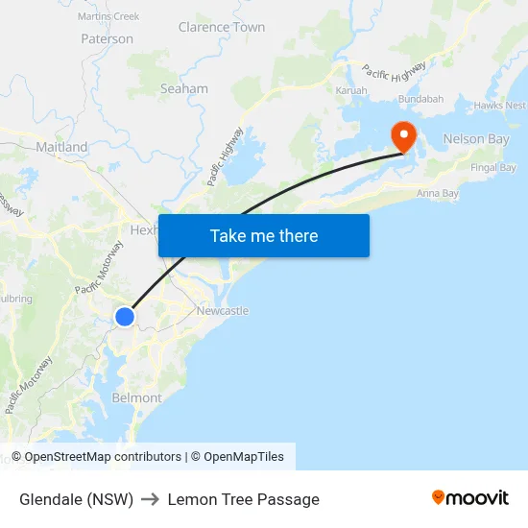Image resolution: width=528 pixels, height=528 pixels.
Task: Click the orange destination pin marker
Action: tap(400, 136)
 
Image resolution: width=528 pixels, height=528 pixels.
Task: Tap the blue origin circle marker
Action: tap(125, 316)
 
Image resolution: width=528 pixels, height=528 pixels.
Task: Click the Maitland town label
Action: tap(61, 147)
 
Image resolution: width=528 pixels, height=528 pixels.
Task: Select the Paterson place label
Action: tap(108, 39)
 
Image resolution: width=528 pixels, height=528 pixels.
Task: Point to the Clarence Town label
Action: tap(222, 27)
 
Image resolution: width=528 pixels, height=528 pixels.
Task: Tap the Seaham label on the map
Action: tap(183, 88)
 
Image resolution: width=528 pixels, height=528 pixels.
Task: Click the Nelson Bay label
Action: tap(476, 139)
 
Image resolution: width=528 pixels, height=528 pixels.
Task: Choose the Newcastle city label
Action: tap(222, 310)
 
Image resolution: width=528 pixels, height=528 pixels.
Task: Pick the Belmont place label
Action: tap(136, 397)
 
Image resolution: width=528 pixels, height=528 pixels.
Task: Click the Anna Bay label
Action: tap(438, 194)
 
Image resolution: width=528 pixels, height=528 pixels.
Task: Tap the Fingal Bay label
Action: tap(493, 168)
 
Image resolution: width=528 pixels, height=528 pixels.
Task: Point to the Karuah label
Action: tap(351, 90)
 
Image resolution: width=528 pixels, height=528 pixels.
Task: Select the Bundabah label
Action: tap(420, 99)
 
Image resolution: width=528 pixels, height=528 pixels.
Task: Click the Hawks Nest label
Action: tap(499, 106)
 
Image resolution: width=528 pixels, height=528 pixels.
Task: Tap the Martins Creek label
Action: tap(108, 16)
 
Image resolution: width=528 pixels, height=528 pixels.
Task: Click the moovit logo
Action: tap(469, 498)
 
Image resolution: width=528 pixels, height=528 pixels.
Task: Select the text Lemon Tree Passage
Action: tap(243, 499)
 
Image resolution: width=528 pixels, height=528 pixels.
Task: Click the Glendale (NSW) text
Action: tap(76, 499)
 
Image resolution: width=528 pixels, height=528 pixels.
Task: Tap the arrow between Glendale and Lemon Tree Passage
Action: tap(150, 499)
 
